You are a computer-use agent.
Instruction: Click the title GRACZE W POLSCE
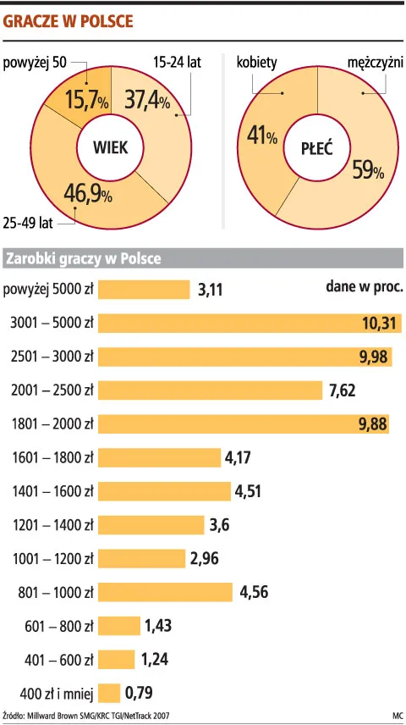[69, 21]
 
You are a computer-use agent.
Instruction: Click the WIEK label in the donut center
[109, 147]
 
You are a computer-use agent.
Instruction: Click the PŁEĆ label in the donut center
[316, 148]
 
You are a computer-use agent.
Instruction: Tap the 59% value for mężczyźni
[367, 170]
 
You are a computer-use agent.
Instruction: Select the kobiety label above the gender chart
[257, 64]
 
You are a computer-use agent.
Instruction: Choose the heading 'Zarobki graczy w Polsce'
[83, 257]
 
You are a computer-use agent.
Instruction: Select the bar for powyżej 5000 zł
[145, 290]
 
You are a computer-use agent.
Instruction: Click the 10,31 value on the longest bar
[379, 323]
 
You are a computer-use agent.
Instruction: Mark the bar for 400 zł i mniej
[110, 694]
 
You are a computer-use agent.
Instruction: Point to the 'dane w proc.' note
[365, 286]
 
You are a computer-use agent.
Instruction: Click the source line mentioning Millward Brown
[86, 716]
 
